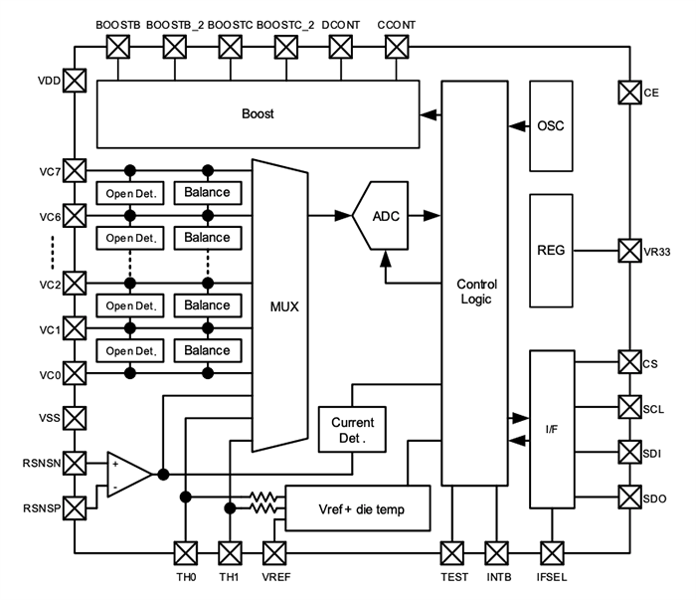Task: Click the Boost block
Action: pos(258,113)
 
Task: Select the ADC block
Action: pos(386,215)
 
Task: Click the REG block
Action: pos(550,250)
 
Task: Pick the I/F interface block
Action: pos(552,427)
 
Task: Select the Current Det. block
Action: pos(352,430)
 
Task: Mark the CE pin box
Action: pos(629,93)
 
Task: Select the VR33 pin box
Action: pos(629,250)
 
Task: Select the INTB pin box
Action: pos(496,551)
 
